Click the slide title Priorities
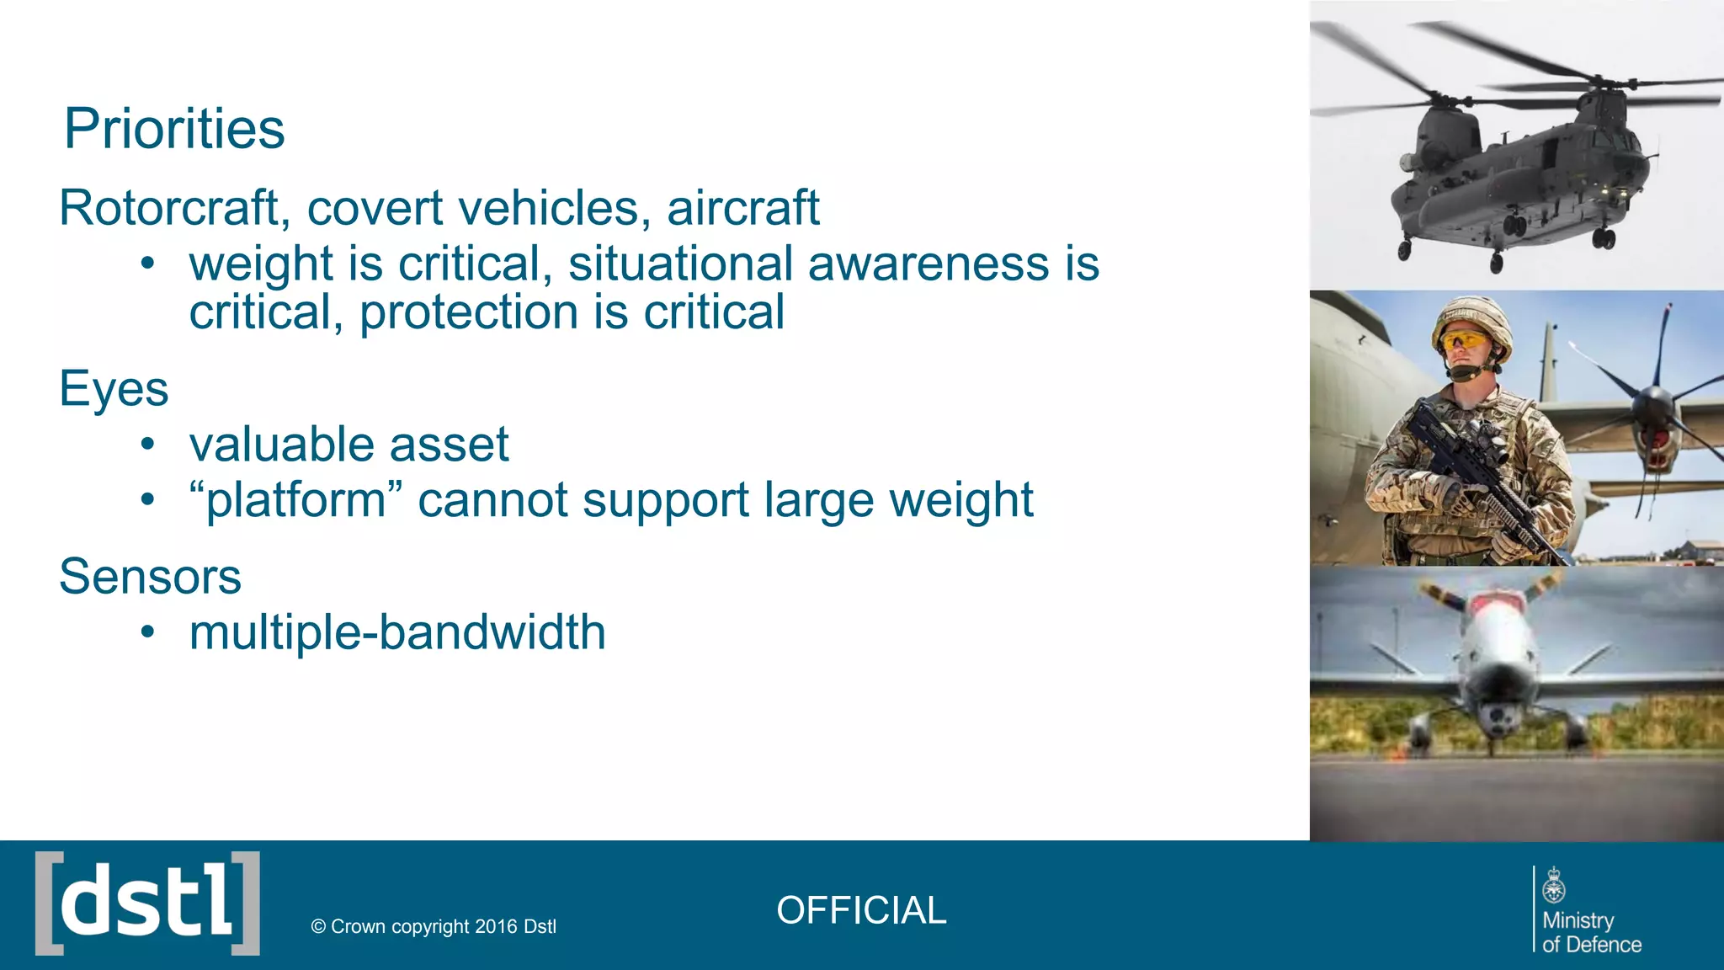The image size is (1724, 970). [x=174, y=129]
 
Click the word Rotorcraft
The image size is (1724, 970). [x=168, y=208]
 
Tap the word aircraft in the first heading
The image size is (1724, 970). [x=742, y=208]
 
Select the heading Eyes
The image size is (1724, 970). [x=114, y=388]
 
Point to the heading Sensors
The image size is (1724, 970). [x=150, y=577]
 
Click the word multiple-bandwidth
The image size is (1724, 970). [x=397, y=632]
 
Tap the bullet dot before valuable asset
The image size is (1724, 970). [x=148, y=444]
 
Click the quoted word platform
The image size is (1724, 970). [x=295, y=500]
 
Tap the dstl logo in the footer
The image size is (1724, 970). [x=147, y=903]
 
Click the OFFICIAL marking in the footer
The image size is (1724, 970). [x=861, y=910]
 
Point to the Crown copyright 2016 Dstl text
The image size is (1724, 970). [x=434, y=926]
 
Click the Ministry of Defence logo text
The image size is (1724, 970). [x=1590, y=933]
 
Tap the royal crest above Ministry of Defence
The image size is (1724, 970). [x=1554, y=885]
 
